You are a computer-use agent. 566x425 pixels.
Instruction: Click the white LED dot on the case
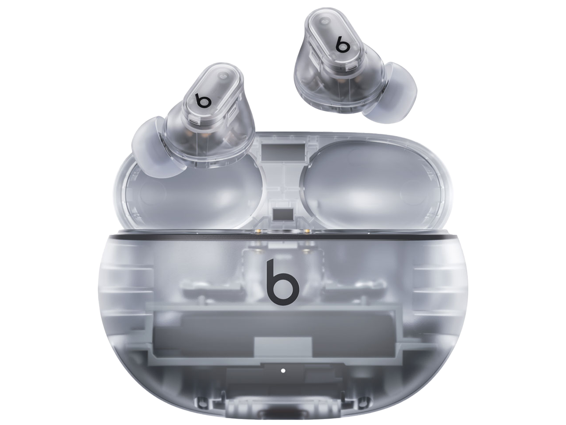[283, 370]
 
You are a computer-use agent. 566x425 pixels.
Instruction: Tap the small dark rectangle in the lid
[283, 214]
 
